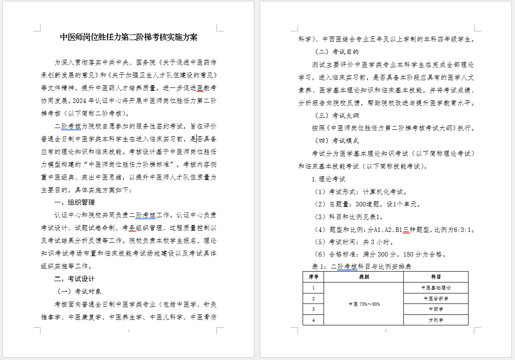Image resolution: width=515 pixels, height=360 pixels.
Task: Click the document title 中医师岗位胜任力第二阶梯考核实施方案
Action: coord(129,37)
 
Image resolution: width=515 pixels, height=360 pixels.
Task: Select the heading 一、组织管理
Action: coord(74,202)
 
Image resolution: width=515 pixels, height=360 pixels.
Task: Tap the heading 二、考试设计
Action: coord(74,278)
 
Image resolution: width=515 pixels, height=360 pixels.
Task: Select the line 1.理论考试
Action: coord(328,179)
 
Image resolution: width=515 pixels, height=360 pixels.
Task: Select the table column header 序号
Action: coord(313,277)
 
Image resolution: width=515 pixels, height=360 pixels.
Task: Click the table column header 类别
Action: coord(363,277)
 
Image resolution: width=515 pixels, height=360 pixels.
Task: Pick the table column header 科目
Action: coord(436,277)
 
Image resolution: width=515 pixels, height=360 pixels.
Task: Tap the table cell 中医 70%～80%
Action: coord(363,304)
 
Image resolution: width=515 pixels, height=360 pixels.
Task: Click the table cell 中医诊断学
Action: coord(436,298)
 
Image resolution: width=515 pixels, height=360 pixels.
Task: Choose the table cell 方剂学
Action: coord(436,320)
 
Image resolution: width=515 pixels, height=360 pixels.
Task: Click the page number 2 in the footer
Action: coord(386,330)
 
